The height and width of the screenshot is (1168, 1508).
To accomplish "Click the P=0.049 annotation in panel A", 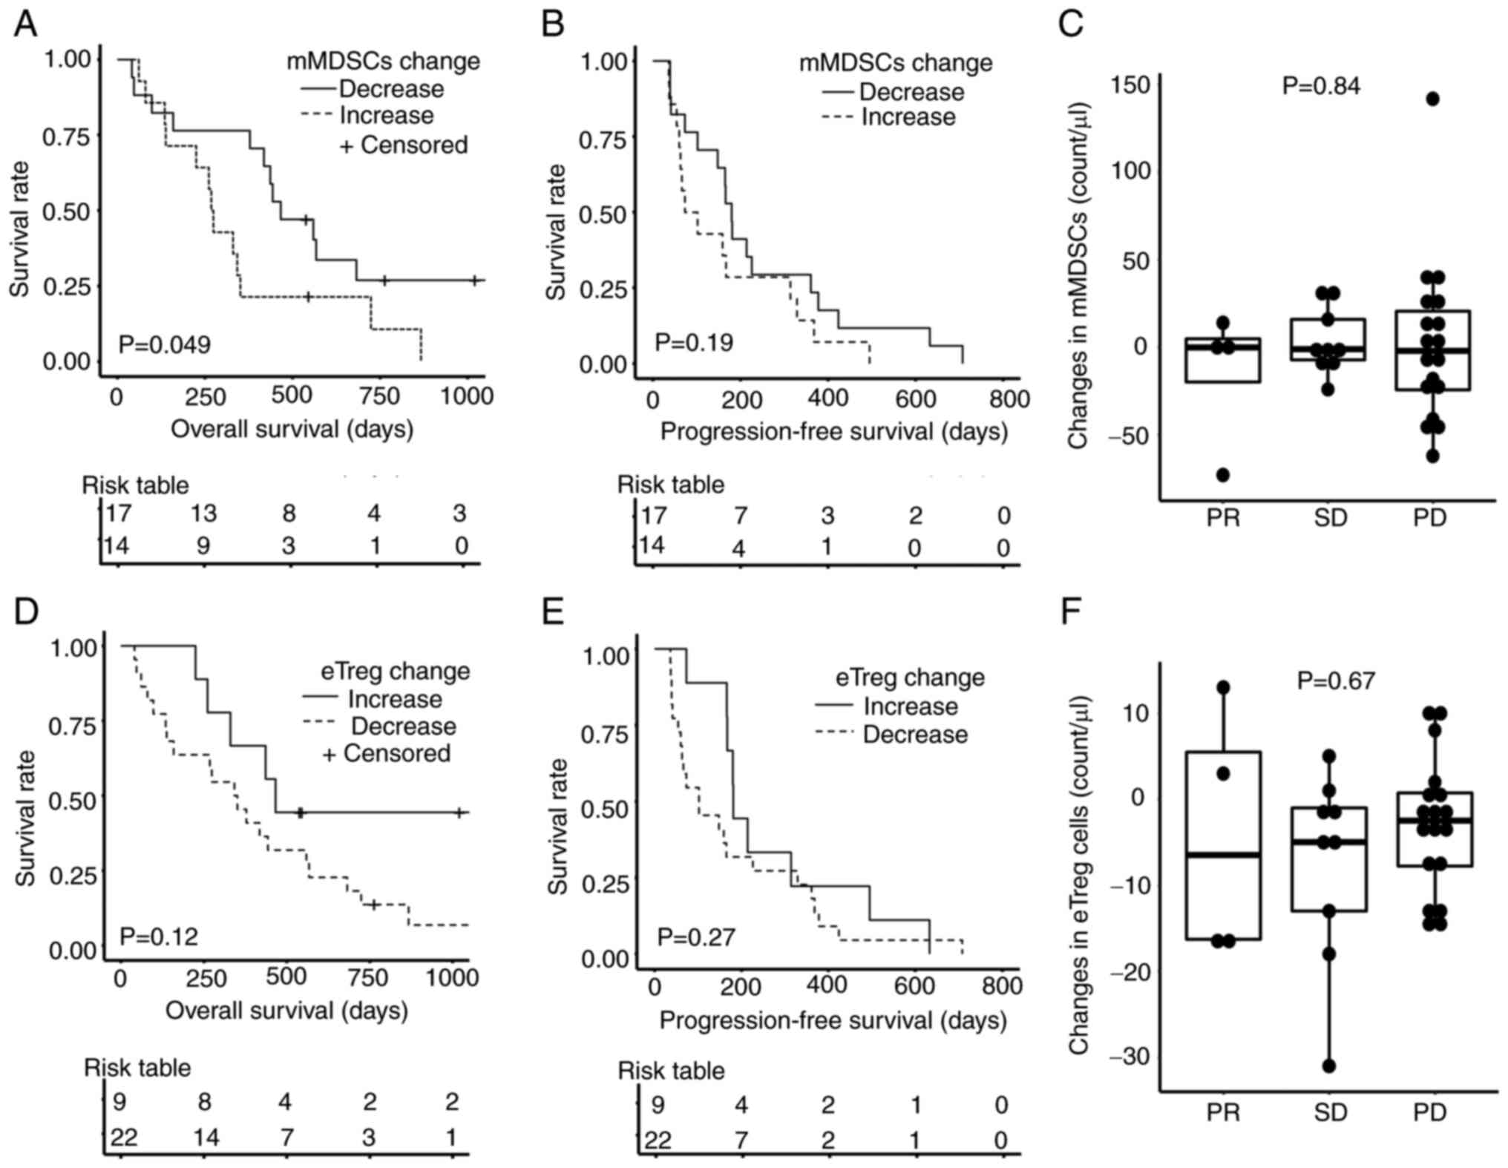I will [165, 345].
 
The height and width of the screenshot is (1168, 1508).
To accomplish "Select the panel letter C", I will [1071, 24].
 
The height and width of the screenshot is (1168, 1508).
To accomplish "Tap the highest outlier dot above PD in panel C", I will [1432, 99].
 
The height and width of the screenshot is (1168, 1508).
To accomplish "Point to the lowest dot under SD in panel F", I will [1328, 1066].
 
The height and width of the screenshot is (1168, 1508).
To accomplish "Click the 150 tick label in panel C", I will [1130, 85].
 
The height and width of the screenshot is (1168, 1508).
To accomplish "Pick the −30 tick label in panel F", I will [1129, 1055].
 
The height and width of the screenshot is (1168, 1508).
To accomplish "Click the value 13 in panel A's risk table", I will [203, 514].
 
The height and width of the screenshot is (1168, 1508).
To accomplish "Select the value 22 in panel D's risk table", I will [124, 1137].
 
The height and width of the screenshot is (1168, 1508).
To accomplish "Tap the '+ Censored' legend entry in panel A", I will [404, 145].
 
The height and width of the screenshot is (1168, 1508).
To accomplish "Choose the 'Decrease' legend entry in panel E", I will [914, 735].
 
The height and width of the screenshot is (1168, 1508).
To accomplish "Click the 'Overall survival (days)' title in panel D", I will [286, 1010].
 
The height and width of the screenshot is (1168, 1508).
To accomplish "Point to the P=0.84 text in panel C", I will [1321, 86].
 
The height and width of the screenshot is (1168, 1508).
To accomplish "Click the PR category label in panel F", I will [1223, 1112].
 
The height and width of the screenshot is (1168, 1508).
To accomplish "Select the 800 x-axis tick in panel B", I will [1009, 399].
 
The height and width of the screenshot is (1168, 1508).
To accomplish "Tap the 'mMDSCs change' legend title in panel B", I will [895, 63].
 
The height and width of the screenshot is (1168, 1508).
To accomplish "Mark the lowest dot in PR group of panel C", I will [1223, 475].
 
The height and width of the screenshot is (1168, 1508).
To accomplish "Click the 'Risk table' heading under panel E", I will [671, 1071].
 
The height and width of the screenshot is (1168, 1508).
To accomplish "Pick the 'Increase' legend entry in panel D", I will [394, 699].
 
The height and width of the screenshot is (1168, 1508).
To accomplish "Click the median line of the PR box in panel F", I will [1223, 855].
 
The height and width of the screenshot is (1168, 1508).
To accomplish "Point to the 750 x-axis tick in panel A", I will [379, 396].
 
